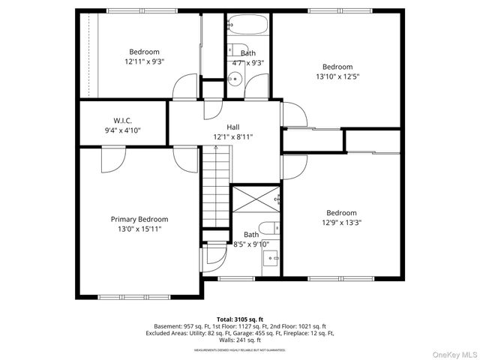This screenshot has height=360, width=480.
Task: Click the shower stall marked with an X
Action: pos(254,199)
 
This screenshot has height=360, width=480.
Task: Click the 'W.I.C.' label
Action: pos(123,120)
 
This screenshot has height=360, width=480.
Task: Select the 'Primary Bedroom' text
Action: pos(139,219)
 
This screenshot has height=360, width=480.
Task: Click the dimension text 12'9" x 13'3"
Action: pos(340,223)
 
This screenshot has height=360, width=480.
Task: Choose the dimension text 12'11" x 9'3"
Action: pos(143,61)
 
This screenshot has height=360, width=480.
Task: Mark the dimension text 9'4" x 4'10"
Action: pos(122,130)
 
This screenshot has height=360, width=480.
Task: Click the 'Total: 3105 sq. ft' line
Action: pos(240,319)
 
